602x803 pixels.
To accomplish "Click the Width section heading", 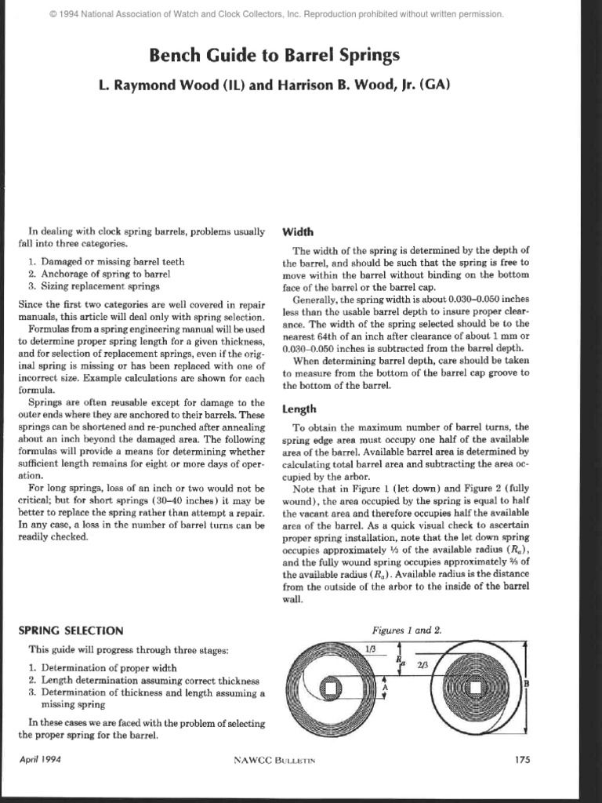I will coord(297,232).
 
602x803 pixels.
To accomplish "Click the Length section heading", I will coord(299,409).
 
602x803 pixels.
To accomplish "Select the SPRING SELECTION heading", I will coord(71,630).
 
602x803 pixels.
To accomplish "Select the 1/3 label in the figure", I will coord(371,649).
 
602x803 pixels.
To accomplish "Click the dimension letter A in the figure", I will coord(384,686).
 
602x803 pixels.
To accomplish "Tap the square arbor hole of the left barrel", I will coord(331,689).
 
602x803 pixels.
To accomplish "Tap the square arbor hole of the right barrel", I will coord(474,689).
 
